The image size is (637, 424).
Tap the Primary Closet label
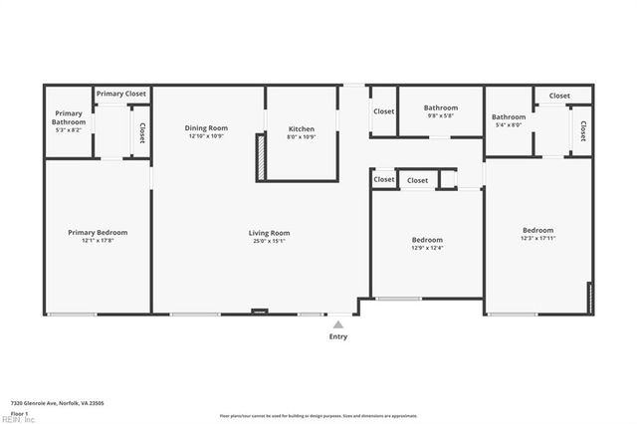coord(121,94)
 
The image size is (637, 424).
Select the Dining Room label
coord(208,127)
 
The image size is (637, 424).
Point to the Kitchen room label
coord(302,129)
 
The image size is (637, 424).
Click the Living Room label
coord(269,233)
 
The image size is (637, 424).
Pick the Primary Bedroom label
coord(98,232)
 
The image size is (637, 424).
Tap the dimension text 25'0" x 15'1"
coord(269,240)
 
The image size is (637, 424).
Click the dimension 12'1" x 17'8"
coord(98,240)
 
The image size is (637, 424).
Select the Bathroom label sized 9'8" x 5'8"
coord(440,107)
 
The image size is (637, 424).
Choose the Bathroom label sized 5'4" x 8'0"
coord(508,117)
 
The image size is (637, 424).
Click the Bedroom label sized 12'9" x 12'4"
coord(427,240)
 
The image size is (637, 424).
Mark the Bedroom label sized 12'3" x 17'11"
coord(537,230)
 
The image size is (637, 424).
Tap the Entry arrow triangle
coord(338,323)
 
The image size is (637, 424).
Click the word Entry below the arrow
coord(338,337)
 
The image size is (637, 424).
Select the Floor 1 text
coord(19,412)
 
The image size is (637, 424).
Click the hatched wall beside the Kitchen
coord(261,157)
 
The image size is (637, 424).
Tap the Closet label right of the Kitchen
coord(384,111)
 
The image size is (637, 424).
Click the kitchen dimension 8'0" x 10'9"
coord(302,136)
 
